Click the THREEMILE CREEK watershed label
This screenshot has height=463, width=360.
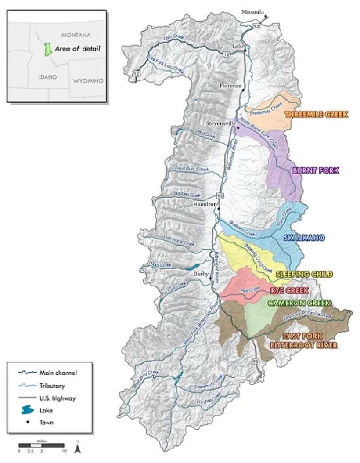(316, 114)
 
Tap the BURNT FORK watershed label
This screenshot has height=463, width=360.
(316, 170)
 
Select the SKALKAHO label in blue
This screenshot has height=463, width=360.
(304, 238)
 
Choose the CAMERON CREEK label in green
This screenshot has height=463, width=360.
(299, 304)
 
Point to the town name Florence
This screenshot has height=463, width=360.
(230, 86)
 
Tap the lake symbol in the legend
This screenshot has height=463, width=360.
(27, 410)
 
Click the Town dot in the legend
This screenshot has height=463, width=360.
(27, 423)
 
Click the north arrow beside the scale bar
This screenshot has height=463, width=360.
(77, 449)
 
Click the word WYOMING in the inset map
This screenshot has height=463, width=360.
(88, 81)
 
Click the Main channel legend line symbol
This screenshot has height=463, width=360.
(27, 373)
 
